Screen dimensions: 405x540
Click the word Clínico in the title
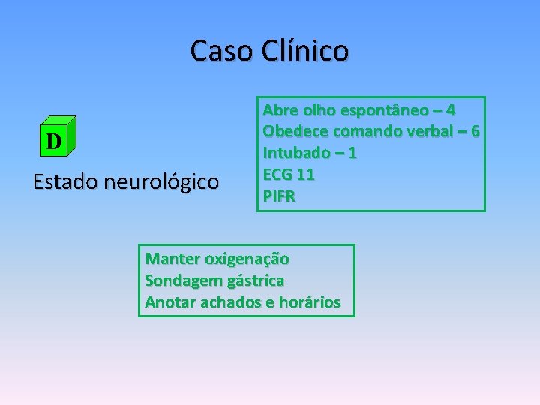(305, 51)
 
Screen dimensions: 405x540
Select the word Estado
(65, 181)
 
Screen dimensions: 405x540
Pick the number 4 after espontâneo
(450, 110)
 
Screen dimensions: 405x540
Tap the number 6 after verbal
(475, 132)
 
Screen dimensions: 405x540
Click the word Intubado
(296, 153)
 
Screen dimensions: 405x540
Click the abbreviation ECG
(277, 175)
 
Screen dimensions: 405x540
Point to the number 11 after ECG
(306, 175)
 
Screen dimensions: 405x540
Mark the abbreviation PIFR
(279, 196)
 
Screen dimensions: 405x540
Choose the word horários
(310, 302)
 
